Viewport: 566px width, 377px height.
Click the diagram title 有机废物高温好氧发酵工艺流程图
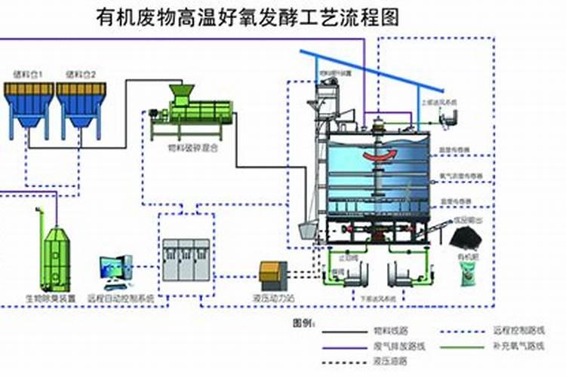point(249,17)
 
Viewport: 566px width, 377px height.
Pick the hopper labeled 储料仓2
point(80,103)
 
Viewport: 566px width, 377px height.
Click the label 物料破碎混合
point(192,149)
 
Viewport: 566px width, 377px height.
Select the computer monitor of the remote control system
point(113,268)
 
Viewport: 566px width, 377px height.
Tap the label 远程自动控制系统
point(121,298)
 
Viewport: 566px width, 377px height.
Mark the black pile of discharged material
point(467,237)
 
